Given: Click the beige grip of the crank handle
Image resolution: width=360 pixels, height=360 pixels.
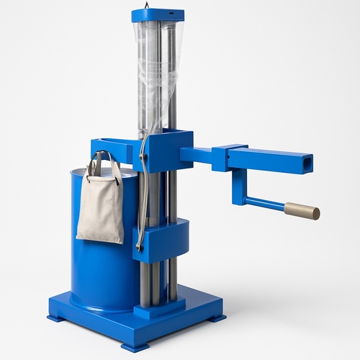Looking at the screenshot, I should click(x=302, y=211).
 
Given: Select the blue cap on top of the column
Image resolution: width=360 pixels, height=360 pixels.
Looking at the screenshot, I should click(x=158, y=15).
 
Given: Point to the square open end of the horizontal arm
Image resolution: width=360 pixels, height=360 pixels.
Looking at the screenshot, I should click(x=307, y=163).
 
